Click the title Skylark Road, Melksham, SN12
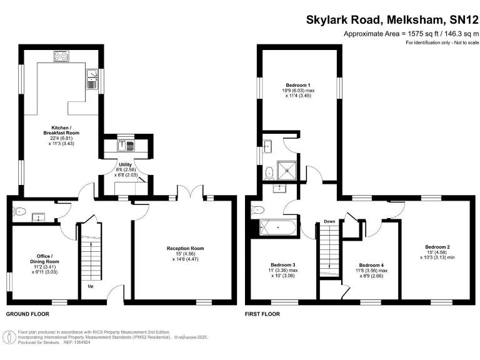coord(392,19)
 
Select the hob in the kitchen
coord(62,57)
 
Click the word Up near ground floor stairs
coord(91,287)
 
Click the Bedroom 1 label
coord(298,85)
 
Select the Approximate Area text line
coord(411,34)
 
